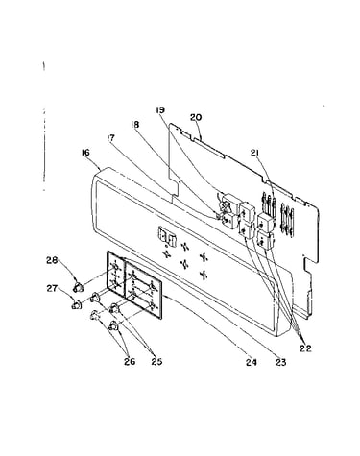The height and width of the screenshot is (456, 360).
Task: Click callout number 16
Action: tap(85, 153)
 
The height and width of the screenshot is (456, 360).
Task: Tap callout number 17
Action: tap(110, 138)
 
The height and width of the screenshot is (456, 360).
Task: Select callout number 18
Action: tap(135, 125)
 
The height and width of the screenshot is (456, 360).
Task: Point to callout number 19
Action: tap(160, 110)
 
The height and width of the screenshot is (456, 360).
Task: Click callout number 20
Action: tap(196, 117)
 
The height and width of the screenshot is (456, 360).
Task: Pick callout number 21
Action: tap(254, 154)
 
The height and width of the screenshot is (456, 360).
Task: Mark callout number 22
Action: tap(305, 348)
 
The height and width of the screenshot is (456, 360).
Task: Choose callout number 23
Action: tap(280, 362)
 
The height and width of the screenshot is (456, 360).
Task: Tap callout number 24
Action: tap(252, 362)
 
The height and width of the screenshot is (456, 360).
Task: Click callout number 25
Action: tap(156, 362)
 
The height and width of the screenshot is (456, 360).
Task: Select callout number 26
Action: tap(130, 362)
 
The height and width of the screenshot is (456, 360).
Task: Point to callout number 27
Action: tap(52, 289)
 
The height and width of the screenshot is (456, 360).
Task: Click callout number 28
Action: tap(52, 260)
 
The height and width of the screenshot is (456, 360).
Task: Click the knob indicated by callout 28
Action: tap(78, 287)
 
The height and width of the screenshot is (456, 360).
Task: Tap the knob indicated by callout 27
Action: tap(76, 304)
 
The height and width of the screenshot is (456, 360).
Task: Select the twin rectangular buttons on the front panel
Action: tap(167, 235)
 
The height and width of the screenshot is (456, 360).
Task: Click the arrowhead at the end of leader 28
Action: tap(76, 281)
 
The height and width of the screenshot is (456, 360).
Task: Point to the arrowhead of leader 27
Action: tap(74, 300)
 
